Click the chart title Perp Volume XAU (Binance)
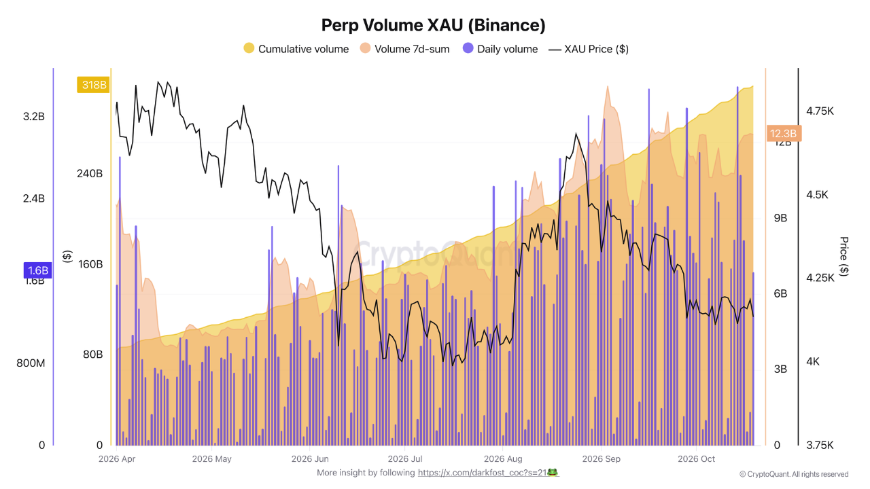tap(434, 25)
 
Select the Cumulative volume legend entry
tap(296, 49)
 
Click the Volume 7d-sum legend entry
tap(404, 49)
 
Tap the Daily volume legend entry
tap(500, 49)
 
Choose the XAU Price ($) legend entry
tap(589, 49)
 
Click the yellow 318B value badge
tap(94, 85)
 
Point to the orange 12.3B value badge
tap(784, 134)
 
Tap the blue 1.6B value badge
tap(37, 270)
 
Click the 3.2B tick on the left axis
tap(34, 116)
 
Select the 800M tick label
tap(31, 363)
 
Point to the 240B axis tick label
tap(90, 173)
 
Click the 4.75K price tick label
tap(820, 111)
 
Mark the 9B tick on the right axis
tap(780, 218)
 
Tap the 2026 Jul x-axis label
tap(405, 458)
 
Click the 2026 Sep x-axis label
tap(602, 458)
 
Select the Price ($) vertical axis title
tap(844, 257)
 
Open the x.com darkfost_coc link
tap(483, 473)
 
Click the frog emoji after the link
tap(553, 472)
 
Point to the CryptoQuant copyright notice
tap(794, 474)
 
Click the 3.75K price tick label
tap(820, 445)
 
